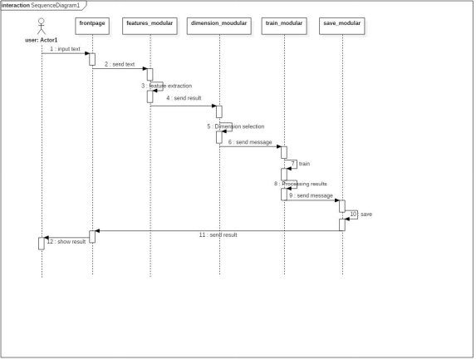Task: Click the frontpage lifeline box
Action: click(x=92, y=26)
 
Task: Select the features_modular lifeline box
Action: click(x=150, y=26)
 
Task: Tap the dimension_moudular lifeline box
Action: click(x=218, y=26)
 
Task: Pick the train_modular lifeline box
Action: click(x=284, y=26)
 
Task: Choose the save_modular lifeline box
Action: click(x=341, y=26)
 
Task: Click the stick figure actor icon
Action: click(x=42, y=27)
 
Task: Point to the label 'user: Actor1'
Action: click(x=42, y=40)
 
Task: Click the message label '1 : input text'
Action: click(x=66, y=49)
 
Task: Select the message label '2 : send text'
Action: click(x=120, y=64)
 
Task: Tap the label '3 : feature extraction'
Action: click(x=167, y=86)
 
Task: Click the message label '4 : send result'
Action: click(x=184, y=98)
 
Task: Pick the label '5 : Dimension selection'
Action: click(x=236, y=126)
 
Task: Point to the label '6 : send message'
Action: click(x=250, y=142)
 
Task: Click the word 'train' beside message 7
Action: click(x=304, y=164)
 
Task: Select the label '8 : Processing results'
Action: click(x=301, y=184)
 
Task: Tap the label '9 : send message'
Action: click(x=312, y=195)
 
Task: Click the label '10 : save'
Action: click(x=361, y=215)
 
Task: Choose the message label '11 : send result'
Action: click(x=218, y=234)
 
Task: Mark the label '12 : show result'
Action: click(x=66, y=241)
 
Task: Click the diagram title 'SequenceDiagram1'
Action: click(x=56, y=6)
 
